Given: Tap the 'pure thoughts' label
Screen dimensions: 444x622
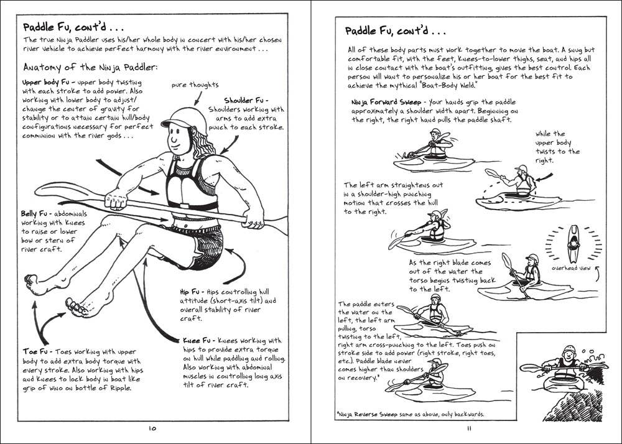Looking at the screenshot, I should (x=195, y=85).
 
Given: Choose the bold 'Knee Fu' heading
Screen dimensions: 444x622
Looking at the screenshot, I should (x=200, y=341).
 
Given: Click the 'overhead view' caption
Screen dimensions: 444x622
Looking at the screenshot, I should (x=568, y=269).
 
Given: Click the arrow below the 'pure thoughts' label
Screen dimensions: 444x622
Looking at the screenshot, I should (x=198, y=96).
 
